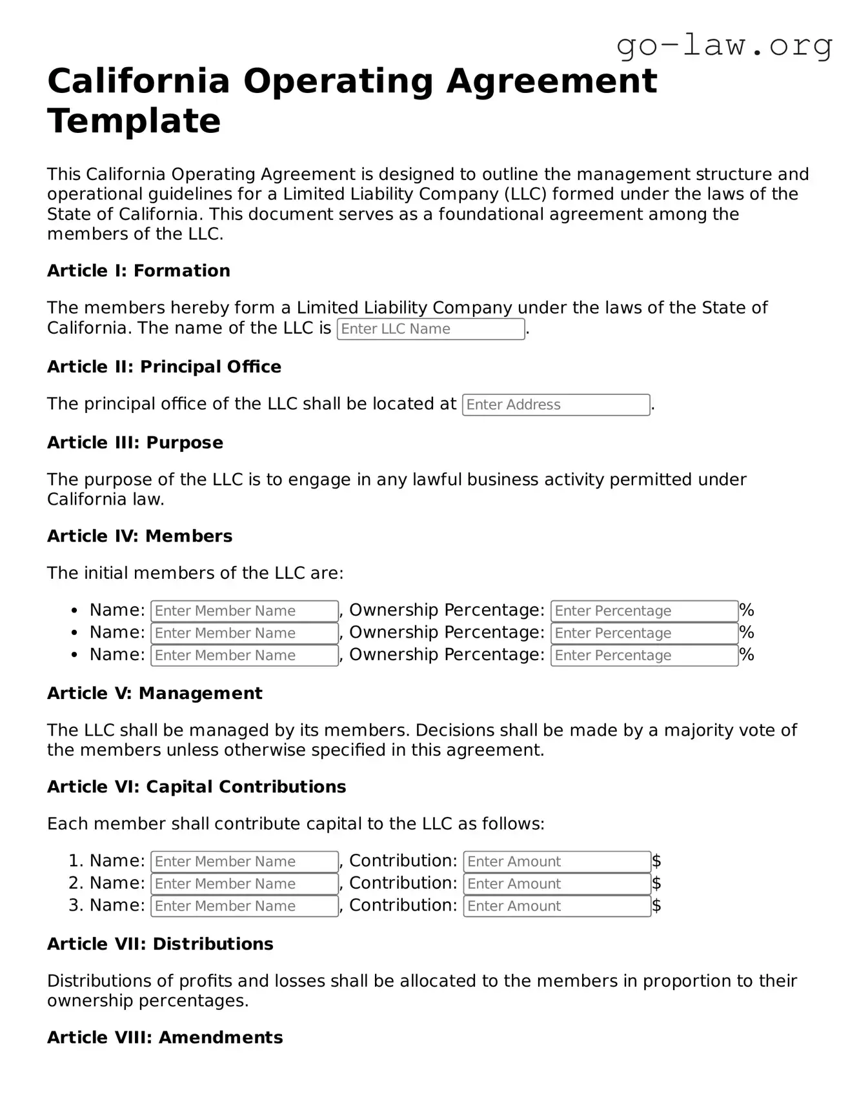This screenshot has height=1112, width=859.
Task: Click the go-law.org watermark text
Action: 724,45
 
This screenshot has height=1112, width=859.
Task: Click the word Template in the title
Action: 134,121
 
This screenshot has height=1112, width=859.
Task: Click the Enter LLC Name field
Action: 430,329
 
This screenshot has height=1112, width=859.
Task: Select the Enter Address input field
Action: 556,405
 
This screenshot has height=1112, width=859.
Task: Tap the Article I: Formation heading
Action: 138,271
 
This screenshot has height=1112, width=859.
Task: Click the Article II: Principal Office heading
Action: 164,367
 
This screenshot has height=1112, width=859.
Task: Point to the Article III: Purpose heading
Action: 135,443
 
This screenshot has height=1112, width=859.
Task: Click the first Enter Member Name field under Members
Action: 244,611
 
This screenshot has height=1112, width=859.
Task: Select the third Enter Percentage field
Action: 643,656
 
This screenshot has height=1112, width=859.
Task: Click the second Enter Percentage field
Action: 643,633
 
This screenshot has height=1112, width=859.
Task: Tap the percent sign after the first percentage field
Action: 747,611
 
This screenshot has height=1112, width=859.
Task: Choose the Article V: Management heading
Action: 154,694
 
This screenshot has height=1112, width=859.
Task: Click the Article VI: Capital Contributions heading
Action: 196,787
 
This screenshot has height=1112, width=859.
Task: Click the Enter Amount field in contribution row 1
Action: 556,862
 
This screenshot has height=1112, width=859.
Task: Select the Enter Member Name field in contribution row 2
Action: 244,884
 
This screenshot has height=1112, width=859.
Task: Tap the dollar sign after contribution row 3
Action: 656,906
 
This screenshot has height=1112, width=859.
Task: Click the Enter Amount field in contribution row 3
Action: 556,906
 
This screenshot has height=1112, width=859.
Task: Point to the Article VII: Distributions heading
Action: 160,944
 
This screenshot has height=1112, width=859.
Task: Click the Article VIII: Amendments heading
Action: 165,1038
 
